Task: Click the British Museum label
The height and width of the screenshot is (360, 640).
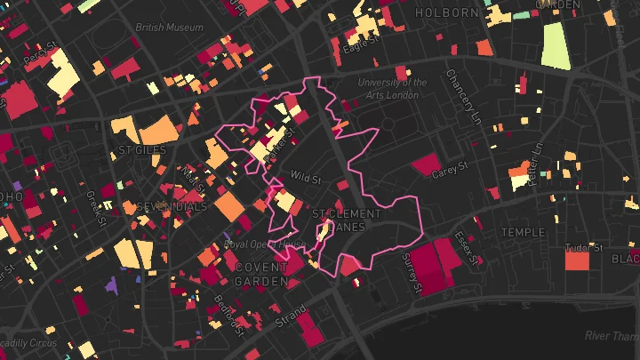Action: pos(168,28)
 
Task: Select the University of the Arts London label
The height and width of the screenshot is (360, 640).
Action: pos(392,89)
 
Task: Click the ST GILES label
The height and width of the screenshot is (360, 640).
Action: pos(142,150)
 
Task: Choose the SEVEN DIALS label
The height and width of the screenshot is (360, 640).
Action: pos(172,207)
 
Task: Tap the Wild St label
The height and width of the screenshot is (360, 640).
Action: pos(305,179)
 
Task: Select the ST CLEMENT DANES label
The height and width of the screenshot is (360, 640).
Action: pos(347,220)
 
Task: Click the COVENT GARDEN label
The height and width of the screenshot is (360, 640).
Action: pos(261,274)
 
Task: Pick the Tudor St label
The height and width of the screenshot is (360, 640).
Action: pos(585,247)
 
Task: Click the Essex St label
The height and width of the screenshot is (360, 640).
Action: pos(467,248)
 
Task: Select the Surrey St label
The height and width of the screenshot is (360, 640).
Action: pos(413,273)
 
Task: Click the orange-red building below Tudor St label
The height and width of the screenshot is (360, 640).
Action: pos(577,261)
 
